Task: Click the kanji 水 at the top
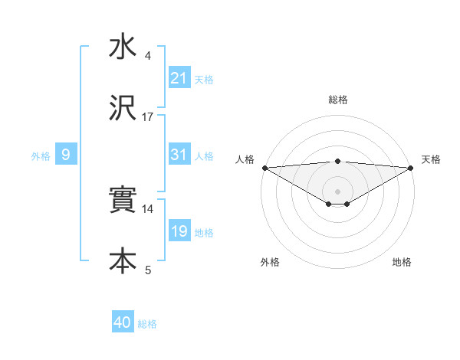pos(123,47)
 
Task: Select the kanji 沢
pos(123,109)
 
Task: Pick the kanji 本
pos(123,260)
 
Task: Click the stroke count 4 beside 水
pos(148,56)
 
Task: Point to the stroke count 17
pos(148,117)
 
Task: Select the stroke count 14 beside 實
pos(148,208)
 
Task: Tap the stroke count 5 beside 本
pos(148,270)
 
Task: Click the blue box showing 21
pos(179,77)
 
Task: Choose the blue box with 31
pos(179,155)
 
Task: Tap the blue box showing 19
pos(179,231)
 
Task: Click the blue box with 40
pos(123,322)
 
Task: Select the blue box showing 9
pos(66,155)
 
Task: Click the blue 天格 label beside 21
pos(204,79)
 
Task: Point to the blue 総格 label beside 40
pos(147,324)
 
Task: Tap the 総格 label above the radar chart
pos(338,100)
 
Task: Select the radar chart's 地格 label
pos(402,262)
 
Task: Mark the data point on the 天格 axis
pos(412,167)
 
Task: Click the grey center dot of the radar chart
pos(338,191)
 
